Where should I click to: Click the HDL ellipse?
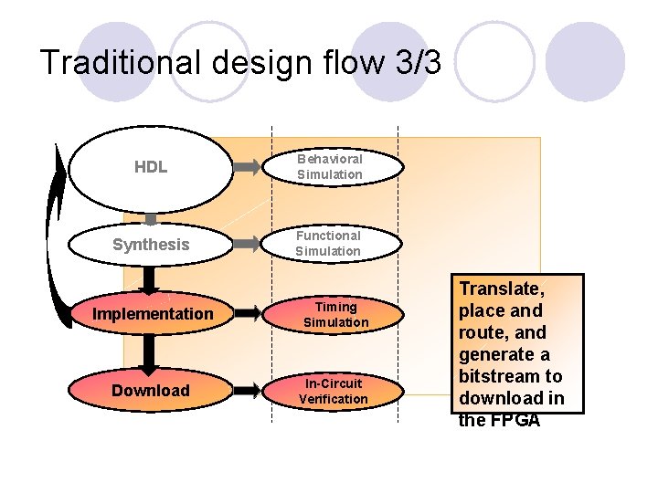151,168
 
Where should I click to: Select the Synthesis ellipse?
151,245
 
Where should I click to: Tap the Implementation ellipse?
152,314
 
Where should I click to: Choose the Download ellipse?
151,391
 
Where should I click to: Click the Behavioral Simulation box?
330,167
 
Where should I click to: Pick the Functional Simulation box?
328,244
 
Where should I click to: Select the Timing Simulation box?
335,314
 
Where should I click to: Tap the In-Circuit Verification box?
334,391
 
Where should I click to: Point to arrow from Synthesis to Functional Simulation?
247,245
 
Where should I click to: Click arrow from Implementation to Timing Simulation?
247,314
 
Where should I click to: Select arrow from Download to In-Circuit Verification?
247,391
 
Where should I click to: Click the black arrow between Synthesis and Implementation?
151,278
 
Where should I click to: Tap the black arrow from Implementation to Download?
151,351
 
